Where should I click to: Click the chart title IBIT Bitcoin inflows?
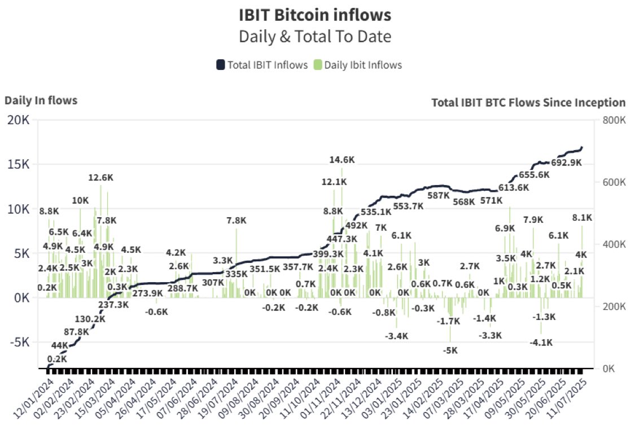coord(314,15)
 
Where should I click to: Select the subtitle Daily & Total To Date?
coord(314,37)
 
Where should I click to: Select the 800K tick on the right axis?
coord(614,121)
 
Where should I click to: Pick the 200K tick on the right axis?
coord(614,306)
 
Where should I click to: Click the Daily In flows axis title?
coord(41,100)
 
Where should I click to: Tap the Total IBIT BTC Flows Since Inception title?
coord(528,103)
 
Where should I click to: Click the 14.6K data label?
coord(342,160)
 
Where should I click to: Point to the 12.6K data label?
coord(102,178)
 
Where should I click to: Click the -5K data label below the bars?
coord(450,350)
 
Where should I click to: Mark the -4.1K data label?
coord(541,342)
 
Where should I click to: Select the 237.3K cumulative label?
coord(113,305)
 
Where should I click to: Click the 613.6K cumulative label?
coord(514,187)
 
